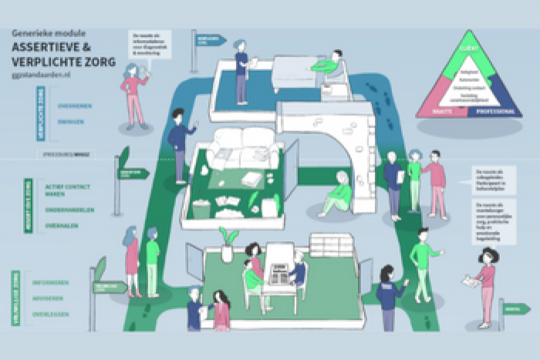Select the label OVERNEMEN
[75, 107]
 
